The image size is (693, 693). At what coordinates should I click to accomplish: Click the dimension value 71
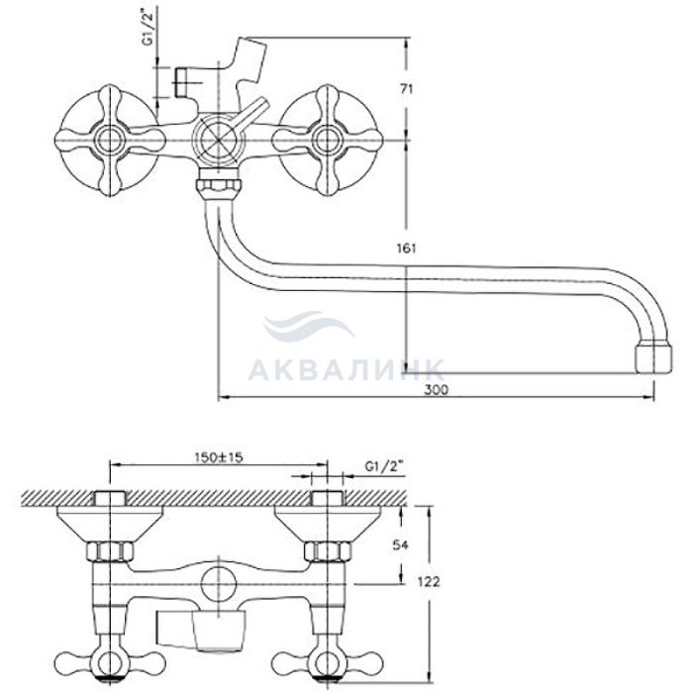coord(407,89)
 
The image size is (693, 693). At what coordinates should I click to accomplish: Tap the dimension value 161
coord(407,248)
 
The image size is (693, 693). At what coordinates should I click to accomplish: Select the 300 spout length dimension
coord(436,389)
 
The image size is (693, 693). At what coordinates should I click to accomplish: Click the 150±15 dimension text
coord(219,457)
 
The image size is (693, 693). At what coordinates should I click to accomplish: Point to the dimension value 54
coord(400,544)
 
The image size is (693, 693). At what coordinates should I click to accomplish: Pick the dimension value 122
coord(429,582)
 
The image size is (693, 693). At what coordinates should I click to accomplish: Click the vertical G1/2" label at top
coord(148,30)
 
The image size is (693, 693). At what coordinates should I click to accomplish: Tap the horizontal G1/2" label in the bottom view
coord(384,466)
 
